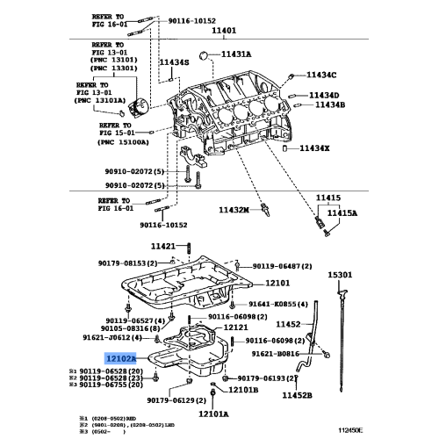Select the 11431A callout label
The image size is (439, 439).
point(235,54)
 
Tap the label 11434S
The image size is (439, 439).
point(174,62)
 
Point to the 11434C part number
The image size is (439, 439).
point(321,76)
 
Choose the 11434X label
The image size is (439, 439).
point(313,148)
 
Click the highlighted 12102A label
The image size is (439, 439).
point(120,358)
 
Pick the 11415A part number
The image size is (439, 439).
point(342,212)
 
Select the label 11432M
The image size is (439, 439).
point(235,211)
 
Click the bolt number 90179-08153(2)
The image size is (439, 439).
point(127,263)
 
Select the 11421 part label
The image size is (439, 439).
point(163,246)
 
